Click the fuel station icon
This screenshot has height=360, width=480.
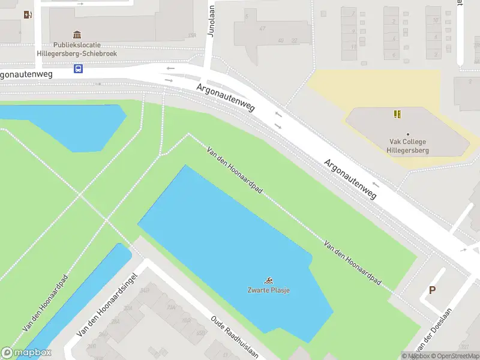pyautogui.click(x=27, y=14)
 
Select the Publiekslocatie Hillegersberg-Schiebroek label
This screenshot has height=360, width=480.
pyautogui.click(x=85, y=49)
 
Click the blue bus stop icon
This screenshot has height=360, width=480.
pyautogui.click(x=78, y=68)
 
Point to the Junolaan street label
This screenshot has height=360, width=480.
pyautogui.click(x=211, y=22)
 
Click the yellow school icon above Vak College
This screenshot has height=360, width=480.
pyautogui.click(x=397, y=113)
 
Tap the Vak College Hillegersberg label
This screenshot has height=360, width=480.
pyautogui.click(x=407, y=146)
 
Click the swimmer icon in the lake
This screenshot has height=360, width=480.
pyautogui.click(x=269, y=280)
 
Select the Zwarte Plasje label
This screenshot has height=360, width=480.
pyautogui.click(x=269, y=290)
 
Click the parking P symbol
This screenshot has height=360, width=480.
pyautogui.click(x=431, y=291)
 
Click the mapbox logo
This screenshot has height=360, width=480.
pyautogui.click(x=26, y=353)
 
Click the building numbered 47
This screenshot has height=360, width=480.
pyautogui.click(x=262, y=29)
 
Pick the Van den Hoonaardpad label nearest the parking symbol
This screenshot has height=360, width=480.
pyautogui.click(x=352, y=262)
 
